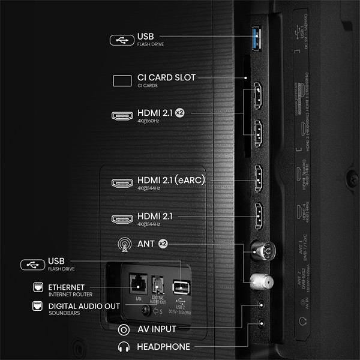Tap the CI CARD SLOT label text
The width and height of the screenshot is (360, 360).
coord(166,77)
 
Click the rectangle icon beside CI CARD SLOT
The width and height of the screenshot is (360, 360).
coord(123,80)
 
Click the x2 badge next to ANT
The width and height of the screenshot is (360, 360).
coord(163,244)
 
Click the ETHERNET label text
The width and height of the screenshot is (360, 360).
coord(67,287)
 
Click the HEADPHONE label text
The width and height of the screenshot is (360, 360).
coord(163,347)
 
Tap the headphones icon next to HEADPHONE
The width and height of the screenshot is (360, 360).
coord(124,347)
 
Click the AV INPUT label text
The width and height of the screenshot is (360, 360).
coord(157,329)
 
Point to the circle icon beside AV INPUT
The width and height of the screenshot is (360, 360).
coord(124,329)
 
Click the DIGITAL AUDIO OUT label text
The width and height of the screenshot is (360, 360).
coord(84,306)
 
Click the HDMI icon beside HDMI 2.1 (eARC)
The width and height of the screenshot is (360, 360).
coord(123,182)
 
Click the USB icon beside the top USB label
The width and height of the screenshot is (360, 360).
coord(121,40)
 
